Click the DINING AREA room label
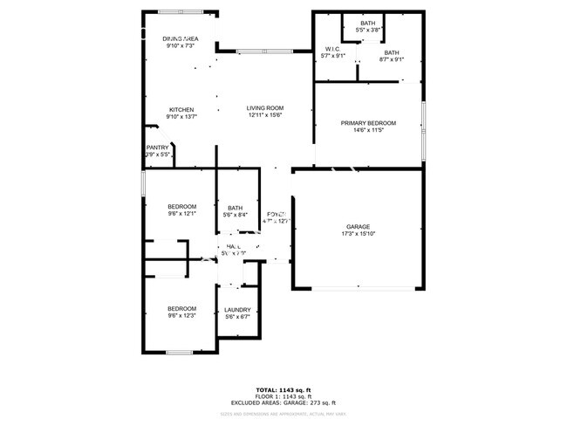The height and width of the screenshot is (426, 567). coord(180,39)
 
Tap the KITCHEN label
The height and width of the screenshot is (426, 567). coord(181,109)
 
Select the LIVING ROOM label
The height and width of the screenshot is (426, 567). coord(265,108)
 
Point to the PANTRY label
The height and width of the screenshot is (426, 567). coord(157,148)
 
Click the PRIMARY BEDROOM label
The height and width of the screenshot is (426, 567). coord(368,123)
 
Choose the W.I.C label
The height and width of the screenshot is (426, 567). coord(332,49)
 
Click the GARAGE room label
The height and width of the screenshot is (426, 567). coord(359,226)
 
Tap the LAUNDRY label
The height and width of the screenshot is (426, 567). coord(237,310)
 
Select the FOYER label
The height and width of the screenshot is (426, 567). coord(277,214)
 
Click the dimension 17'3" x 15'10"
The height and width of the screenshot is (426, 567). coord(359,234)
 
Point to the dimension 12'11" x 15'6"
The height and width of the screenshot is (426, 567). coord(265,115)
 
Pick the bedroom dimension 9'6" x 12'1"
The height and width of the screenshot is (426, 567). coord(181,214)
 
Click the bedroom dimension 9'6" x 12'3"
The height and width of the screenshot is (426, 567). coord(181,316)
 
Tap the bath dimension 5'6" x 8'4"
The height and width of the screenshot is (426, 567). coord(236,215)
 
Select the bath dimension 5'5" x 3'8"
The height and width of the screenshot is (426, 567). coord(368,29)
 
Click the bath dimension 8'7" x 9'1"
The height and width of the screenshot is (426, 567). coord(392,59)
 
